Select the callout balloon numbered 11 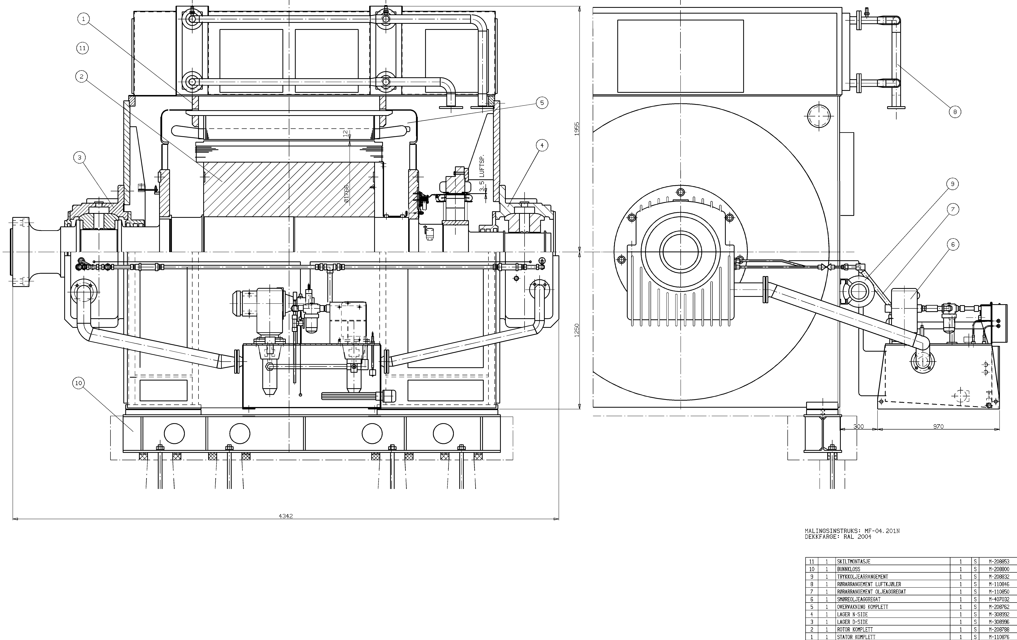click(82, 48)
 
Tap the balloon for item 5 click(542, 103)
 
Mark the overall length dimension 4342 click(286, 516)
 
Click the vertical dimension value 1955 click(577, 128)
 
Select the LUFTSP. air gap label click(482, 166)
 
